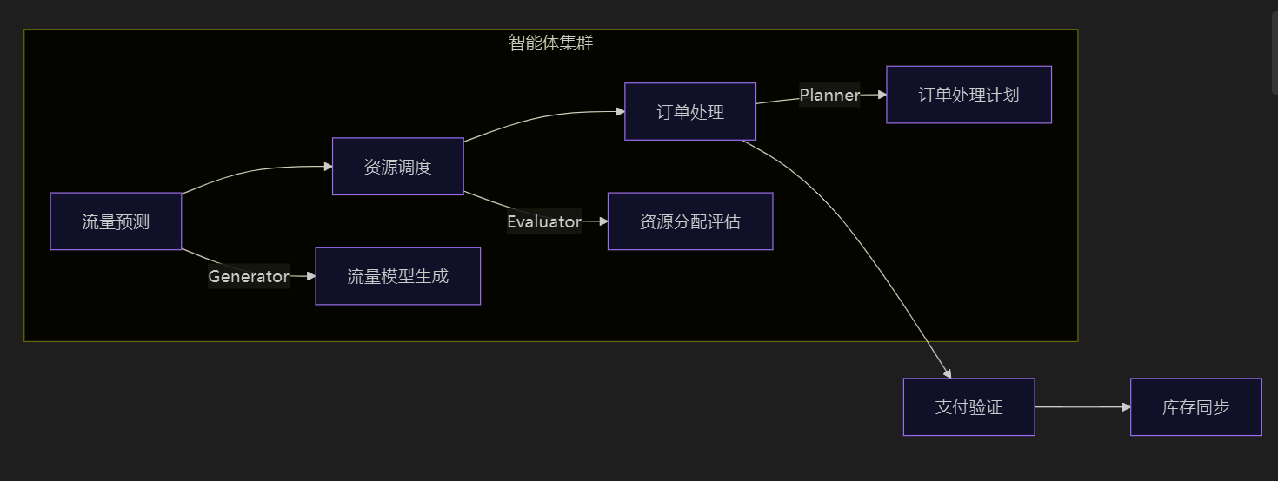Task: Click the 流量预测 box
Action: (116, 221)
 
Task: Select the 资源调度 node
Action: (397, 167)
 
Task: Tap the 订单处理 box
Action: (690, 111)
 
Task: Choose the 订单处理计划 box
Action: (968, 95)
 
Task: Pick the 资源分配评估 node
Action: (690, 221)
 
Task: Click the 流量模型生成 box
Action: (397, 276)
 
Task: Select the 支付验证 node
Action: (968, 406)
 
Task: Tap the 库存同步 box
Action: (1195, 406)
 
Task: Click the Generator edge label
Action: (248, 276)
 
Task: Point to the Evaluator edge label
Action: (544, 221)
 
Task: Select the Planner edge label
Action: (829, 95)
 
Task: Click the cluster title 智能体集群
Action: (551, 43)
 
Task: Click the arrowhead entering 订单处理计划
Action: (882, 95)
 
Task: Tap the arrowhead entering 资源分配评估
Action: (602, 221)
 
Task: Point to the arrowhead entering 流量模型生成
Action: (310, 276)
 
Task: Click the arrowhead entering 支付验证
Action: (949, 373)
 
